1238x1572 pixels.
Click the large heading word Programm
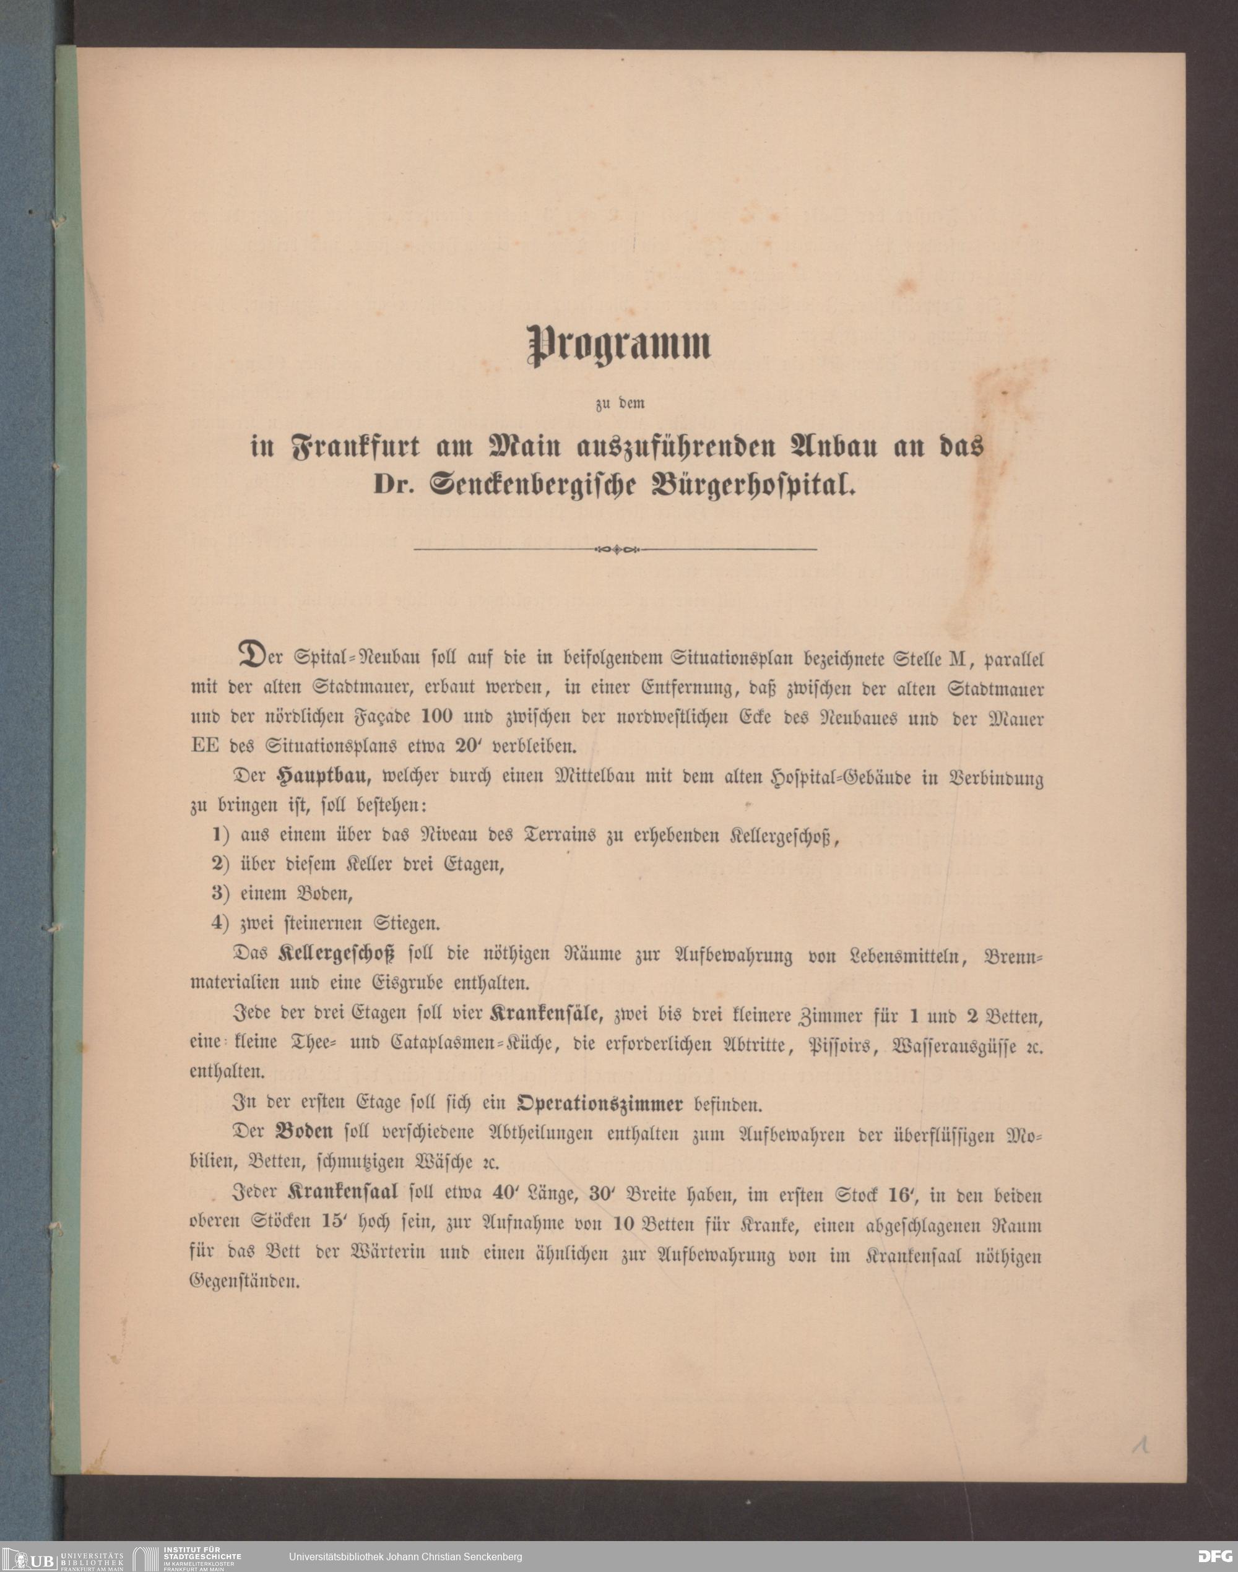(x=618, y=344)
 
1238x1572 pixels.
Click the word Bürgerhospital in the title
(x=754, y=485)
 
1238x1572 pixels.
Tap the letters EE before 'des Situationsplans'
(x=205, y=745)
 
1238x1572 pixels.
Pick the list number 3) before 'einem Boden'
(x=220, y=893)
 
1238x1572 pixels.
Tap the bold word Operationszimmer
(x=599, y=1104)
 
